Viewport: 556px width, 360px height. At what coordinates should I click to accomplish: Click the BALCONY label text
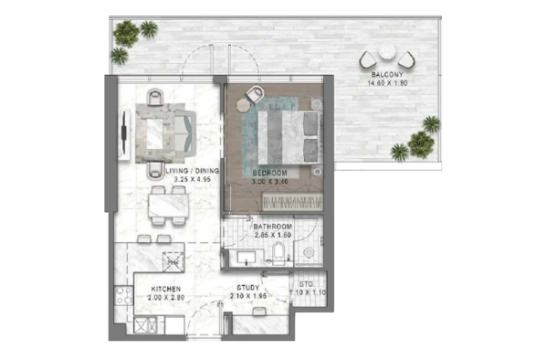pyautogui.click(x=386, y=74)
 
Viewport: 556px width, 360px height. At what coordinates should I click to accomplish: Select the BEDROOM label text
pyautogui.click(x=269, y=172)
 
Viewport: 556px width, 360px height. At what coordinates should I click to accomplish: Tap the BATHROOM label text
pyautogui.click(x=273, y=227)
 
